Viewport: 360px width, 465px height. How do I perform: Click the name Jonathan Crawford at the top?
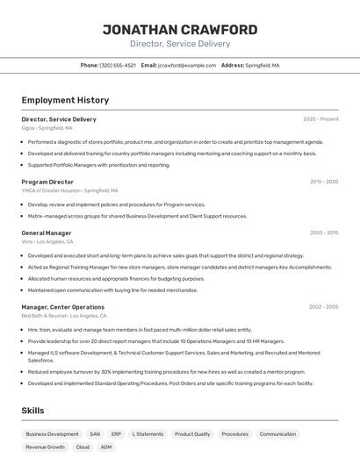pos(180,30)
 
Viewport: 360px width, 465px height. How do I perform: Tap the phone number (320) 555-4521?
pos(118,65)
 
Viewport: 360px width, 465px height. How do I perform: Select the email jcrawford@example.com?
pos(186,65)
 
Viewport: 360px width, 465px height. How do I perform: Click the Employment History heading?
pos(65,100)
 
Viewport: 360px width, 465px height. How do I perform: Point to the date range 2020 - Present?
pos(320,119)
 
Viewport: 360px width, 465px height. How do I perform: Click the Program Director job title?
pos(47,182)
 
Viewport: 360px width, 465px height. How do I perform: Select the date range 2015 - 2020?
pos(323,182)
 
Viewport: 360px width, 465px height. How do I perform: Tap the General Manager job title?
pos(47,233)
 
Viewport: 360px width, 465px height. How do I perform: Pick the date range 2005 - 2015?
pos(323,233)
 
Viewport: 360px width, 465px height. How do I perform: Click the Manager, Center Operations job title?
pos(62,307)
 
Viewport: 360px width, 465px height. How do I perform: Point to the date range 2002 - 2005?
pos(323,307)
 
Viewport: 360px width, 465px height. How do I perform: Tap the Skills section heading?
pos(32,411)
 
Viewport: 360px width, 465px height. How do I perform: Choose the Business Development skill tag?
pos(52,434)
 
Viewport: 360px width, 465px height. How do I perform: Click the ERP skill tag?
pos(116,434)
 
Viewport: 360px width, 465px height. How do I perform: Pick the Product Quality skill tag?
pos(191,434)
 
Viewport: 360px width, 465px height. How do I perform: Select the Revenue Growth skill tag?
pos(45,447)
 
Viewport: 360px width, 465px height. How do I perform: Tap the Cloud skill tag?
pos(83,447)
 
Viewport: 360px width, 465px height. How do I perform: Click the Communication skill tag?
pos(277,434)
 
